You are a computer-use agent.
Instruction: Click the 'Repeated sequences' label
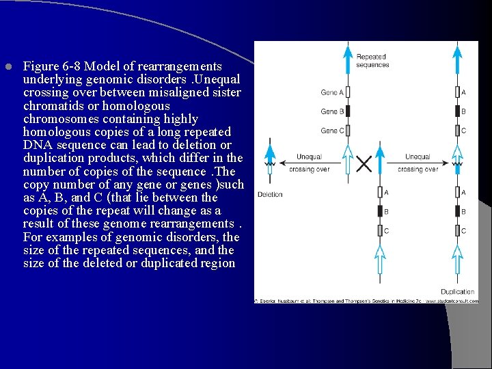pos(372,61)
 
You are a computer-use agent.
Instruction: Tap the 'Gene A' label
pos(332,92)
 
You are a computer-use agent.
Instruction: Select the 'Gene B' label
pos(332,111)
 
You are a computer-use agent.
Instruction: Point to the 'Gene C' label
pos(332,131)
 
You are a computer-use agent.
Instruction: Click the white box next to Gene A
pos(348,92)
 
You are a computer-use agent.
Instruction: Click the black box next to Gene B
pos(348,111)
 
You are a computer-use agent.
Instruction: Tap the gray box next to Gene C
pos(348,130)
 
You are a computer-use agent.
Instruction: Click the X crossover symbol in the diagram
pos(364,163)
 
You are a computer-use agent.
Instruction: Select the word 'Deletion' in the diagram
pos(270,195)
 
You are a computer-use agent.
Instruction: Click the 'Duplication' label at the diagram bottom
pos(457,292)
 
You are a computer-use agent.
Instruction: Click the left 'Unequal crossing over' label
pos(309,163)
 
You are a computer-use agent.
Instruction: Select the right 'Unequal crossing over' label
pos(418,163)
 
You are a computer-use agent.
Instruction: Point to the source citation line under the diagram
pos(366,300)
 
